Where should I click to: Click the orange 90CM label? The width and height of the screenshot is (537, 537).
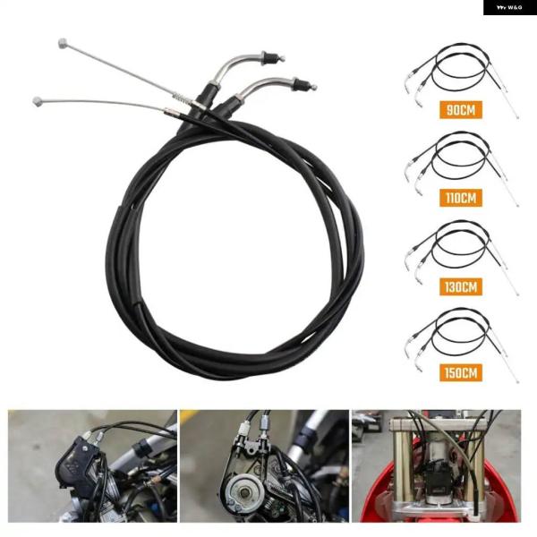(461, 111)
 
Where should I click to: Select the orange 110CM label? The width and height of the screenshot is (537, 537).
(461, 197)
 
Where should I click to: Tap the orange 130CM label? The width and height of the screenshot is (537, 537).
(461, 286)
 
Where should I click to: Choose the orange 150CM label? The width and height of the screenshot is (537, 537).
(461, 371)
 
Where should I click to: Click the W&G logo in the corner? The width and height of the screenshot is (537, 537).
(509, 7)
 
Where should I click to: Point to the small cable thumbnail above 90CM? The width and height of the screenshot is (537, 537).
(458, 72)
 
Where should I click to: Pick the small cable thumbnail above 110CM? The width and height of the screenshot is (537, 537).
(458, 159)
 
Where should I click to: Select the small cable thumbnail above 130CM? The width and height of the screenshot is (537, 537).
(458, 248)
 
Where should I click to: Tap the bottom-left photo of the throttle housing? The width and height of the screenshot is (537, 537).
(92, 465)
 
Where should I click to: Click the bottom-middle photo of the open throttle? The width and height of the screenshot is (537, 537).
(264, 465)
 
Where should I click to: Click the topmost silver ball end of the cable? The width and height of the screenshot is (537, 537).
(63, 42)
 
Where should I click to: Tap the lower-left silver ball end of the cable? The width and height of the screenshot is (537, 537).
(38, 100)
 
